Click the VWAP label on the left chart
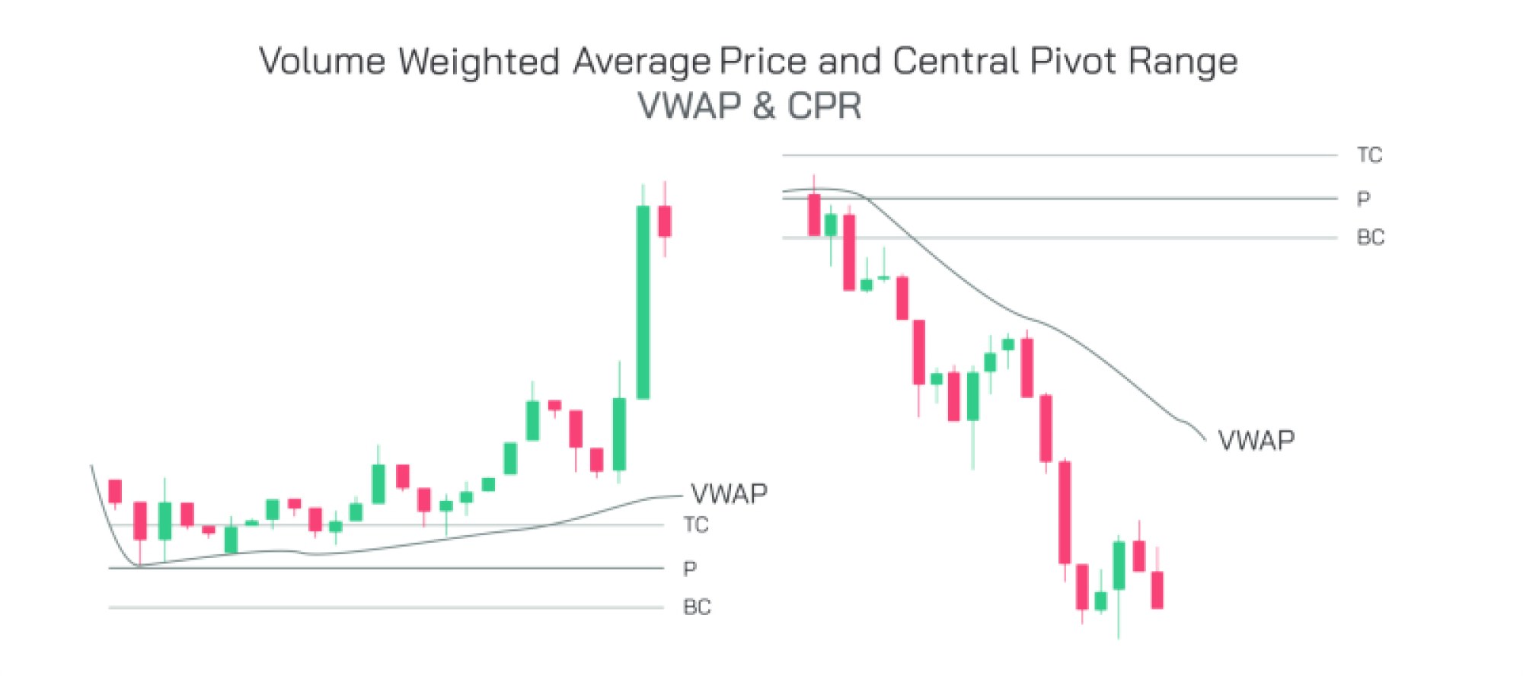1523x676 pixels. click(x=729, y=494)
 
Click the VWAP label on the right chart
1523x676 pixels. click(x=1256, y=441)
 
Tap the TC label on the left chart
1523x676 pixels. click(x=695, y=525)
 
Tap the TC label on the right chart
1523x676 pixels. click(x=1369, y=155)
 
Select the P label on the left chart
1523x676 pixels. click(x=689, y=569)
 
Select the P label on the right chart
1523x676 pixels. click(x=1363, y=199)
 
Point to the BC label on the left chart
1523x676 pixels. click(x=696, y=607)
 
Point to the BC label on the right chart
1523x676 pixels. click(x=1370, y=238)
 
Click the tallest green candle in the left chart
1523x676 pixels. click(x=643, y=301)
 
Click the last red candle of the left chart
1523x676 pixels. click(x=665, y=221)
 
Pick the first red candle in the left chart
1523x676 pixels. click(x=115, y=491)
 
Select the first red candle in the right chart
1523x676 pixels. click(x=814, y=215)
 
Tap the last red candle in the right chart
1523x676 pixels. click(x=1157, y=590)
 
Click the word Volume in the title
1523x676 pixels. click(x=322, y=61)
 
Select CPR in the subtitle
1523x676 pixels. click(x=824, y=106)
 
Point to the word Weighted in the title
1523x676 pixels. click(x=479, y=61)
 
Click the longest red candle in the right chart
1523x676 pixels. click(x=1065, y=512)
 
